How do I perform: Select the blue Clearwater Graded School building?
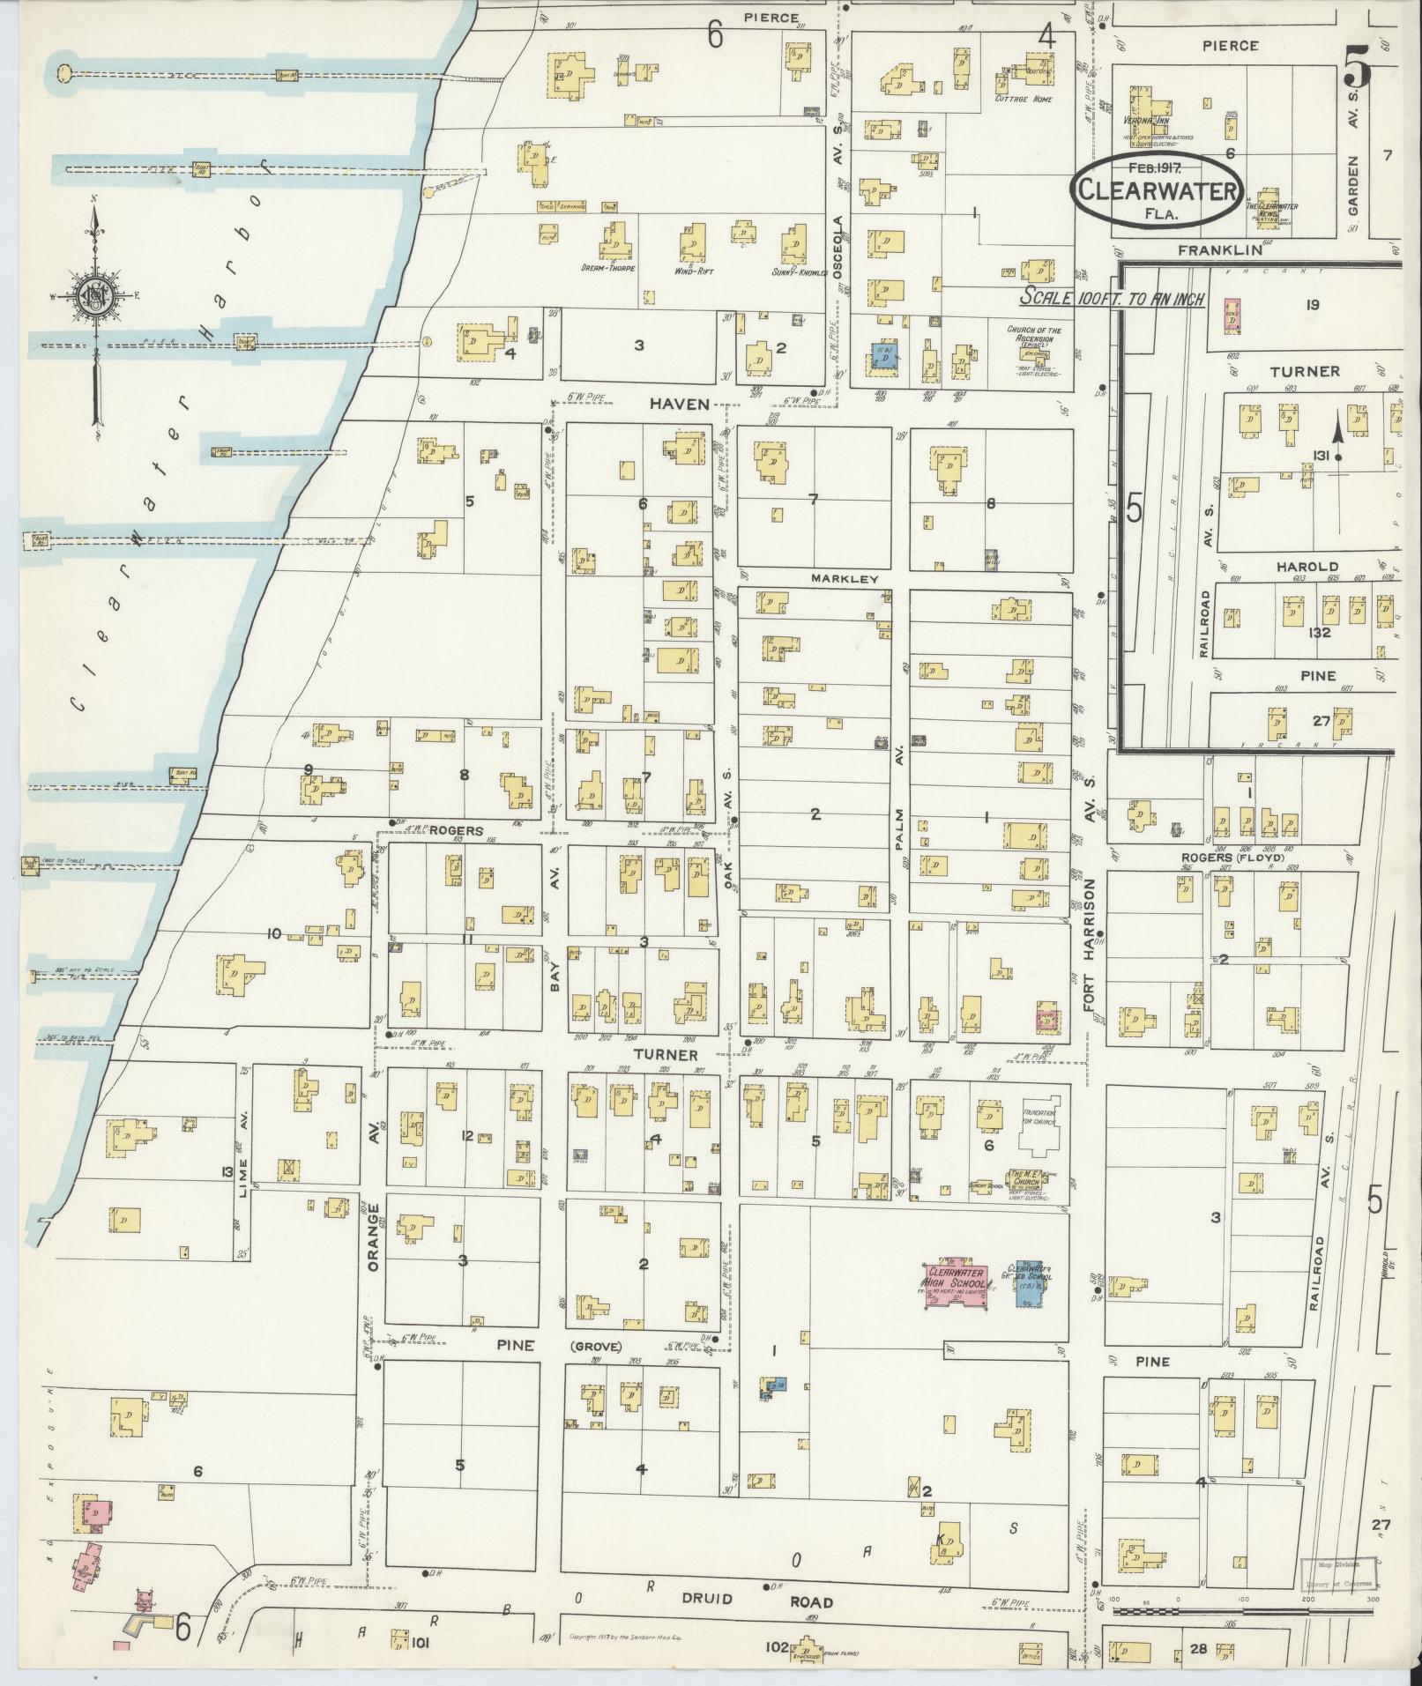[1028, 1284]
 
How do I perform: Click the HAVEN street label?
[680, 403]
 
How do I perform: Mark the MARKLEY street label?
[852, 578]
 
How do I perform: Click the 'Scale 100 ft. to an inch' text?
[1112, 299]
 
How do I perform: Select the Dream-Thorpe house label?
[609, 268]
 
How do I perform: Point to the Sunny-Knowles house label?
[800, 271]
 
